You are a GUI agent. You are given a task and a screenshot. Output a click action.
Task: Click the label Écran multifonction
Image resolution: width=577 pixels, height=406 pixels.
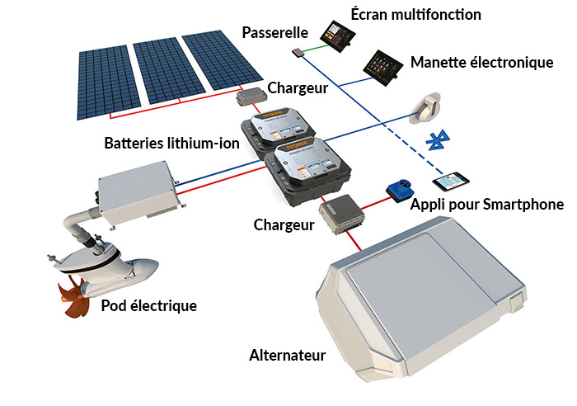(x=415, y=15)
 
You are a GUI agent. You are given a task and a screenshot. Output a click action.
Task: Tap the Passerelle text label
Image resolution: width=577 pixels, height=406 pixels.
(x=274, y=33)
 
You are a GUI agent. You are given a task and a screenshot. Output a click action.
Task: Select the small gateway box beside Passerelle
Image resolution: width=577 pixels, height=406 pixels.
(x=298, y=53)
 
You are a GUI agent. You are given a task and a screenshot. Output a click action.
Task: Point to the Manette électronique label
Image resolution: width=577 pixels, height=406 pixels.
(x=481, y=63)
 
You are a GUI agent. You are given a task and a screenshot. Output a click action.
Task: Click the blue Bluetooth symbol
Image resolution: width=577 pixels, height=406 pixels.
(x=438, y=140)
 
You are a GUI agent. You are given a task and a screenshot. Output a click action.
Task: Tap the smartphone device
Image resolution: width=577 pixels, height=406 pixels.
(x=451, y=182)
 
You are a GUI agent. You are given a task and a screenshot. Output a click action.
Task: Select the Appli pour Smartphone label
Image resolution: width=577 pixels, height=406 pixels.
(x=487, y=205)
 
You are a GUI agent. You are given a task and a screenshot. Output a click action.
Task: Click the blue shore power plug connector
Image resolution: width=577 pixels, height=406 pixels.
(x=400, y=190)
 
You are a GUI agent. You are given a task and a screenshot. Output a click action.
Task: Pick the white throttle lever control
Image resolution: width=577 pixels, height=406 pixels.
(x=426, y=108)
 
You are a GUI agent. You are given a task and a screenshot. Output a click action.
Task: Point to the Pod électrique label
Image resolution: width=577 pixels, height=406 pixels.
(x=149, y=306)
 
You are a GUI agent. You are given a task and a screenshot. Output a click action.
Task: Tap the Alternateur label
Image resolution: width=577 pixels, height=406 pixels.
(x=288, y=356)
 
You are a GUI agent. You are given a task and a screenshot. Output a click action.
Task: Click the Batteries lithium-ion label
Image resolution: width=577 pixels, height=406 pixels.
(x=171, y=143)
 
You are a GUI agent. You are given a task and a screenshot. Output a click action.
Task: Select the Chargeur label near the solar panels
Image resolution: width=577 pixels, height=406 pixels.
(x=298, y=88)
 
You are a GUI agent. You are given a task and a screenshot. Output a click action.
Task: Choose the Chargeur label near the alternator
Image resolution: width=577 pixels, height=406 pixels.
(x=284, y=225)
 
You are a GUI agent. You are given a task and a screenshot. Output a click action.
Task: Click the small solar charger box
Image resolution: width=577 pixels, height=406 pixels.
(x=251, y=97)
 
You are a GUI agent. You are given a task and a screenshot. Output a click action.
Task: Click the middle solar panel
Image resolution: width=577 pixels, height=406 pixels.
(x=169, y=73)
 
